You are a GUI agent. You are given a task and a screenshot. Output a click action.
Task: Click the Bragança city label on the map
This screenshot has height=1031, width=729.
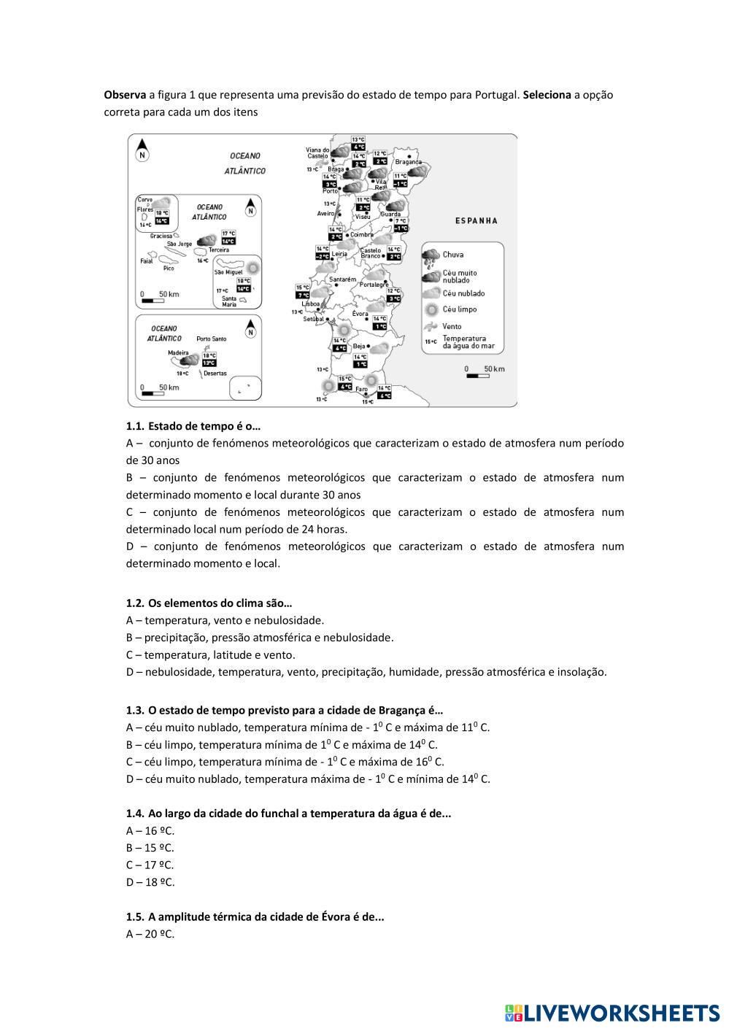tap(409, 162)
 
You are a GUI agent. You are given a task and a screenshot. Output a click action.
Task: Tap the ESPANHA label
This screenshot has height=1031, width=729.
tap(476, 220)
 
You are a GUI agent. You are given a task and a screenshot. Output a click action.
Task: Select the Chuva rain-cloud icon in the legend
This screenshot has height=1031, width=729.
tap(431, 257)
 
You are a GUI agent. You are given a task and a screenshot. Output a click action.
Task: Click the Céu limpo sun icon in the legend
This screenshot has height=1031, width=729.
tap(431, 309)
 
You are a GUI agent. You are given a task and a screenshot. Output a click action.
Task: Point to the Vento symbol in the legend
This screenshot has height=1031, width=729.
tap(431, 326)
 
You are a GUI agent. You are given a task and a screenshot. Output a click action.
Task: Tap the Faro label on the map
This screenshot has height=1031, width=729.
tap(362, 390)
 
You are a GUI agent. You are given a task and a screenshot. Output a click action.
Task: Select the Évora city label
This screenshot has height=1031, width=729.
tap(360, 313)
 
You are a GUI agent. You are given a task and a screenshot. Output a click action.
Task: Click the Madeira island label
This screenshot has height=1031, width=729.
tap(178, 352)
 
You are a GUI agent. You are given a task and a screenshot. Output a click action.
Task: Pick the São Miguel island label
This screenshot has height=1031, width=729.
tap(228, 271)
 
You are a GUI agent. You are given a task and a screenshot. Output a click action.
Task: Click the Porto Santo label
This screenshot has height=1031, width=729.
tap(212, 339)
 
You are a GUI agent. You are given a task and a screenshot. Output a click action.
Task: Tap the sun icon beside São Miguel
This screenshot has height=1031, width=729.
tap(252, 268)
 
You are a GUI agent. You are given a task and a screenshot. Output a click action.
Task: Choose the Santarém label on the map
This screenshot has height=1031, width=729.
tap(342, 279)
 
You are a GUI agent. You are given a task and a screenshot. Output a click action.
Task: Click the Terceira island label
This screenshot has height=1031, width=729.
tap(218, 250)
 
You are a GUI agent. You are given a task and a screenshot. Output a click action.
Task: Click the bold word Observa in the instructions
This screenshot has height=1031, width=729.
tap(125, 95)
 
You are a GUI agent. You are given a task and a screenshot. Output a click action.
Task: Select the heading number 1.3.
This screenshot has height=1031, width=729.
tap(135, 710)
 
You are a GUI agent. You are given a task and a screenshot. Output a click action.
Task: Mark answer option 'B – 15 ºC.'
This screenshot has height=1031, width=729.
tap(150, 848)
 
